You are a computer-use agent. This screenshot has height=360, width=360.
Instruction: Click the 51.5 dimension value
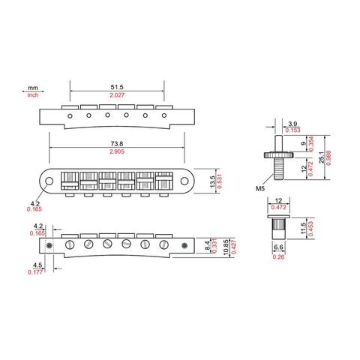point(117,87)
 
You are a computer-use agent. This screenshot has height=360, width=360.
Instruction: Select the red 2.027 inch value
point(117,95)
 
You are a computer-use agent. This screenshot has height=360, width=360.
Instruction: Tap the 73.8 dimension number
point(117,144)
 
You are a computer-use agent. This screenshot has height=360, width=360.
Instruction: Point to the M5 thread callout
point(260,188)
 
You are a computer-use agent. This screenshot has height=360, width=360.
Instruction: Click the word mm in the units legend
point(33,88)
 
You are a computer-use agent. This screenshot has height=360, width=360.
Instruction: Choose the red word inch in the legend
point(33,95)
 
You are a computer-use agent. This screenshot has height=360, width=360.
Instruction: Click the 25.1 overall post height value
point(322,157)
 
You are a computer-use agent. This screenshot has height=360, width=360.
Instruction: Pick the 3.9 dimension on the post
point(292,124)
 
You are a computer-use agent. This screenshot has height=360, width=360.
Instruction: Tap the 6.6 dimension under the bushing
point(278,247)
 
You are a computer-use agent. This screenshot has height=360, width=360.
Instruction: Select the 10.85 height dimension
point(226,247)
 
